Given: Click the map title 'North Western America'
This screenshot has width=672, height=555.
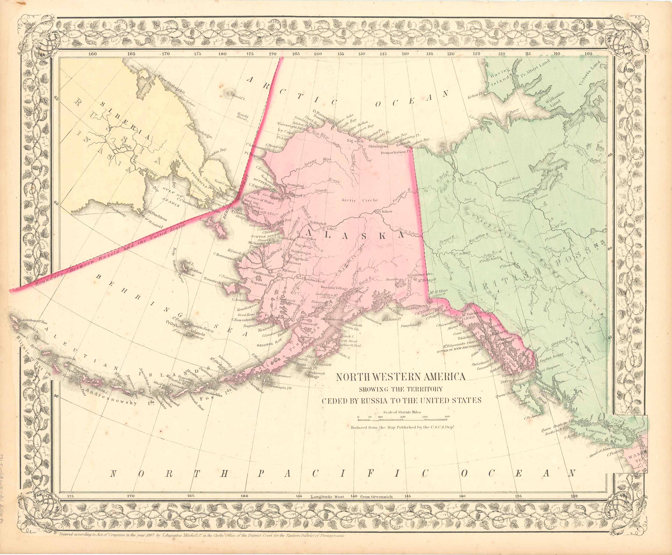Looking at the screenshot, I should coord(400,377).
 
